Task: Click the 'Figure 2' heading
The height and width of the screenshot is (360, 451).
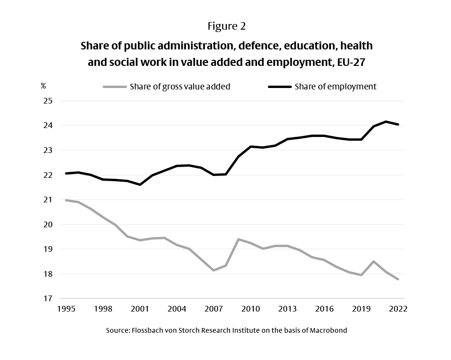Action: tap(226, 26)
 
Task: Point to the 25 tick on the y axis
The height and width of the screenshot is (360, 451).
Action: tap(48, 101)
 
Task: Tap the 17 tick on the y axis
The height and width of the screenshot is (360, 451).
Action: tap(48, 298)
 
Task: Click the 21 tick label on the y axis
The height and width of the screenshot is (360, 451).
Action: tap(48, 200)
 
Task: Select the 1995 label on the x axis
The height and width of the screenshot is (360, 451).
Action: tap(66, 309)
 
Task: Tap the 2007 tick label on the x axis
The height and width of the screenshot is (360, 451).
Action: tap(214, 309)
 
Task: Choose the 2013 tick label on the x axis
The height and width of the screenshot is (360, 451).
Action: tap(287, 309)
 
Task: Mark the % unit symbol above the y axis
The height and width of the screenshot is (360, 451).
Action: tap(43, 86)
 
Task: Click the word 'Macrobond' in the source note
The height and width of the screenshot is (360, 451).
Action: tap(329, 330)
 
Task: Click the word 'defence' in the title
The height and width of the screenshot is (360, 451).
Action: tap(259, 46)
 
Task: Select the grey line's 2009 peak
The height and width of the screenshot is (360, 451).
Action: tap(238, 239)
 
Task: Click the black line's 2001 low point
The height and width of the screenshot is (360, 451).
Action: tap(140, 184)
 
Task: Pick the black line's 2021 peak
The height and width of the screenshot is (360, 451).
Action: tap(386, 121)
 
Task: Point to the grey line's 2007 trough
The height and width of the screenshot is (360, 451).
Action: tap(214, 270)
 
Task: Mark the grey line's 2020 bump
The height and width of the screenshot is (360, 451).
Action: tap(373, 261)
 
